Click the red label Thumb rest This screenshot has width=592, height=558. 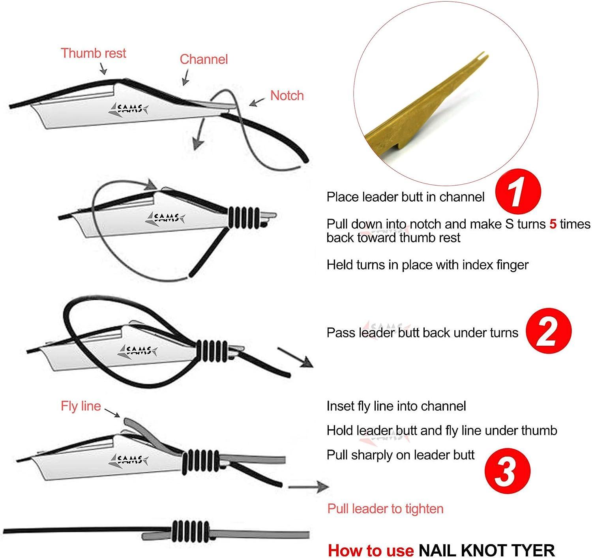(x=93, y=53)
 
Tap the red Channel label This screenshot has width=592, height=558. (x=204, y=59)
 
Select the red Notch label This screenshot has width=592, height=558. (x=287, y=95)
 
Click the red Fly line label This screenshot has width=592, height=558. (x=81, y=406)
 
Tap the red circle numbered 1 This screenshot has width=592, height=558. (x=517, y=193)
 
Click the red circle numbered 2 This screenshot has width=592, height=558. (x=548, y=331)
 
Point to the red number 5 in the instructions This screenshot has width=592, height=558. (x=553, y=224)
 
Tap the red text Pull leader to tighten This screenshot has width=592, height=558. (x=385, y=509)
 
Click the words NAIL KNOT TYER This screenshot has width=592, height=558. (x=486, y=550)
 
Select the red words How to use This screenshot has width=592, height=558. (x=371, y=550)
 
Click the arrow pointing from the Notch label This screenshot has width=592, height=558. (x=257, y=102)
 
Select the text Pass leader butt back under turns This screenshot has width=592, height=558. (x=422, y=333)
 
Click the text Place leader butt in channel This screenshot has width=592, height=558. (x=405, y=197)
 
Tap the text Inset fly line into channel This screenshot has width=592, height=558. (x=396, y=406)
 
